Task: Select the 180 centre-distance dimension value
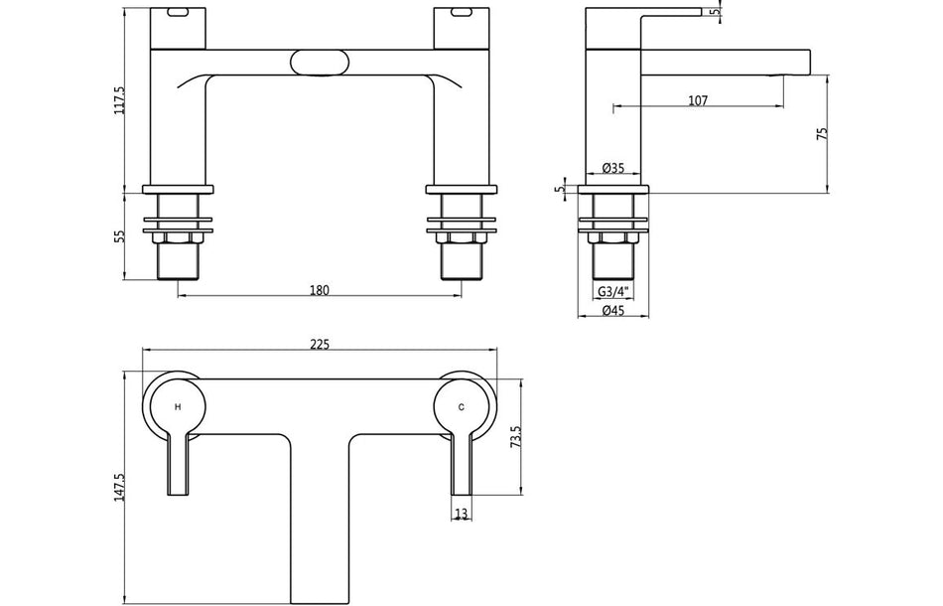[x=319, y=290]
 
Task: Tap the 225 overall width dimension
[x=320, y=345]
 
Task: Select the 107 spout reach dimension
[x=697, y=99]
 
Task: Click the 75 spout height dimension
[x=822, y=134]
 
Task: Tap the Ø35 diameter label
[x=613, y=169]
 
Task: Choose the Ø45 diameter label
[x=613, y=312]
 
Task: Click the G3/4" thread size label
[x=613, y=291]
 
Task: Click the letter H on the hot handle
[x=178, y=407]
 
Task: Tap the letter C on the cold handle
[x=462, y=407]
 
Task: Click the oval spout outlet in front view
[x=319, y=63]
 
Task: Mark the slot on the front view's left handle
[x=178, y=14]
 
